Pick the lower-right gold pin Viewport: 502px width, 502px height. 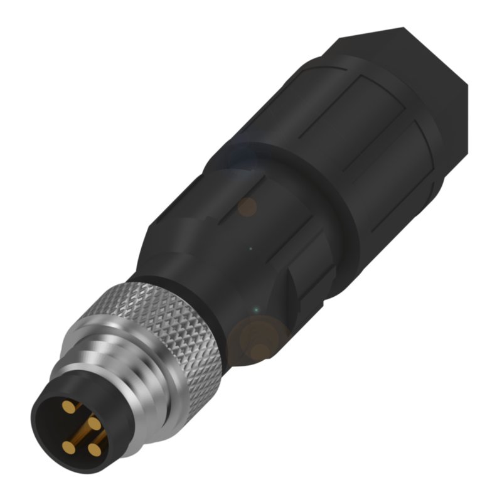coord(95,449)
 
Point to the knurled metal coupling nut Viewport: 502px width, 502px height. coord(169,326)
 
